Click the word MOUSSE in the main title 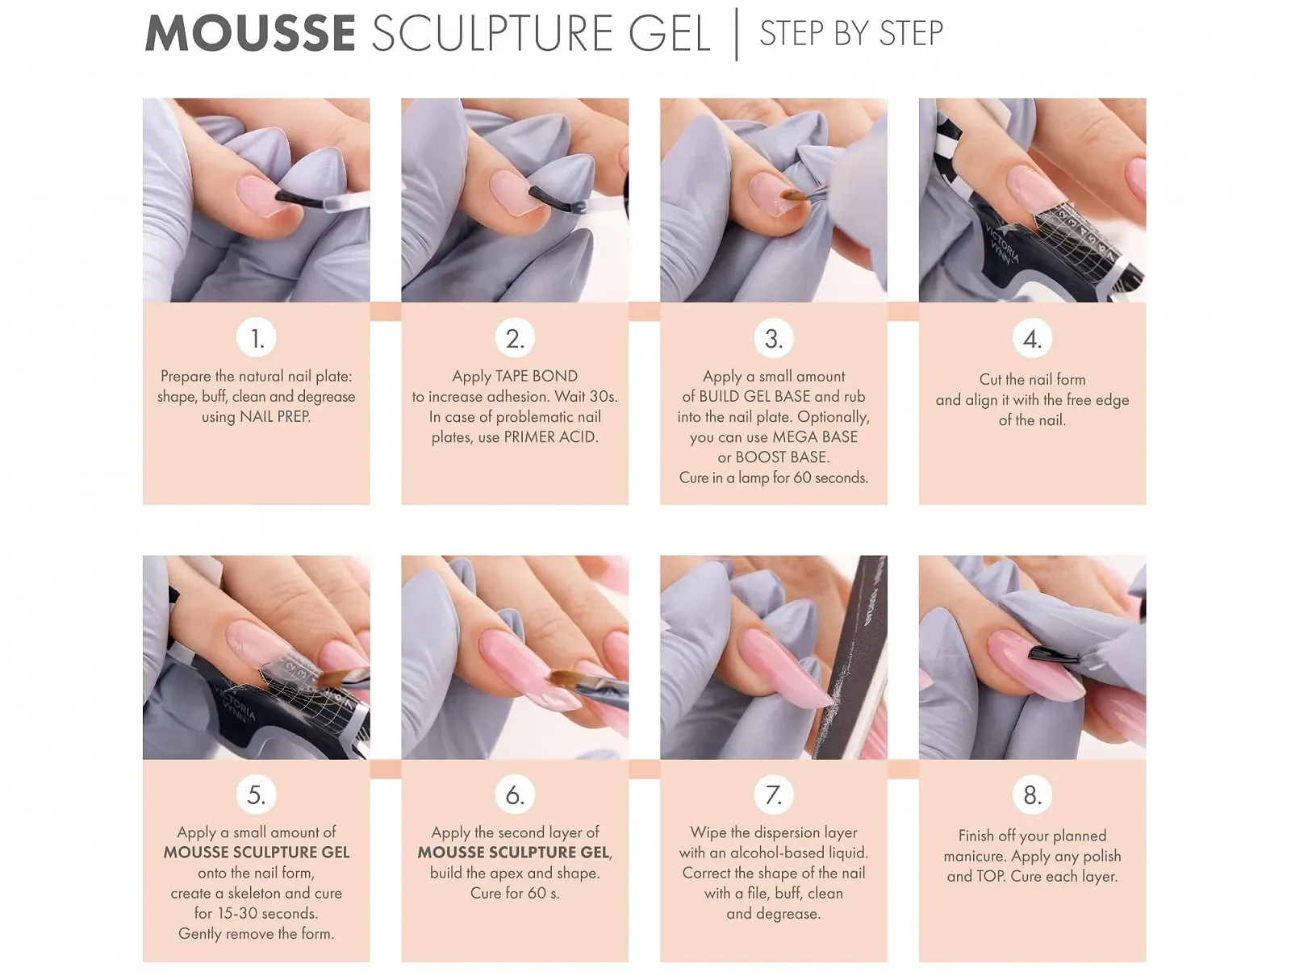(x=250, y=34)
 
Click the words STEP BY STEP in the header (x=851, y=34)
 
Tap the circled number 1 (x=257, y=339)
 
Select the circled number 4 (x=1032, y=339)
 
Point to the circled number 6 (x=515, y=795)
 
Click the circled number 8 (x=1032, y=795)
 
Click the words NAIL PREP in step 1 (x=275, y=417)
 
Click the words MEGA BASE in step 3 (x=815, y=437)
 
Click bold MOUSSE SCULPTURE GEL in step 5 (x=257, y=853)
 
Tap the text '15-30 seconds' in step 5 (x=267, y=914)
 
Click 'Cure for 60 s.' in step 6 (x=515, y=894)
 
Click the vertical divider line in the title (x=737, y=34)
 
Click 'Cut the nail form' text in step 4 (x=1032, y=379)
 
